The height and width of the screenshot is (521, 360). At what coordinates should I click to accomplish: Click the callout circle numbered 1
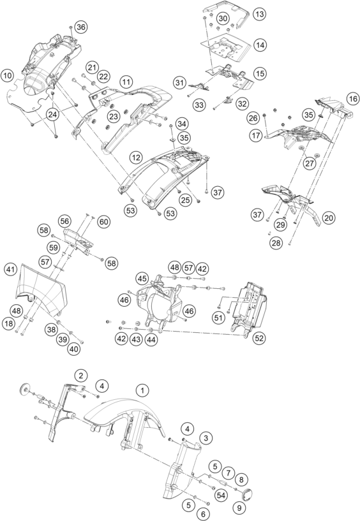(x=142, y=390)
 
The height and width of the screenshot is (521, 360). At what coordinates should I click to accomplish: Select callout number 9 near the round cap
(x=239, y=508)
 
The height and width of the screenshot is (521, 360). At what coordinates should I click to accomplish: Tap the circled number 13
(x=260, y=14)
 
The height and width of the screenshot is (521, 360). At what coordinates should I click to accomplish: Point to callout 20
(x=329, y=218)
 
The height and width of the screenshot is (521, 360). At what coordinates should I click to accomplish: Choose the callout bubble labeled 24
(x=52, y=115)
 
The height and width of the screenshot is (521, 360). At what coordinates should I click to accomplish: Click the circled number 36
(x=81, y=27)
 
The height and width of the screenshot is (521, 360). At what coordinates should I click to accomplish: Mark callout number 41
(x=11, y=269)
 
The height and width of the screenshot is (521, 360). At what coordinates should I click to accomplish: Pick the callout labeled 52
(x=259, y=338)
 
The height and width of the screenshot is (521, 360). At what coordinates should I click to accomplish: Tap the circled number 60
(x=104, y=221)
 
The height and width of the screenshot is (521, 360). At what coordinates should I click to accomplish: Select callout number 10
(x=7, y=76)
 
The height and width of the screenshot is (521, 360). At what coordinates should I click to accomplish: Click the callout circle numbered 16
(x=353, y=99)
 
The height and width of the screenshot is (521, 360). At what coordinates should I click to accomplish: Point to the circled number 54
(x=221, y=495)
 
